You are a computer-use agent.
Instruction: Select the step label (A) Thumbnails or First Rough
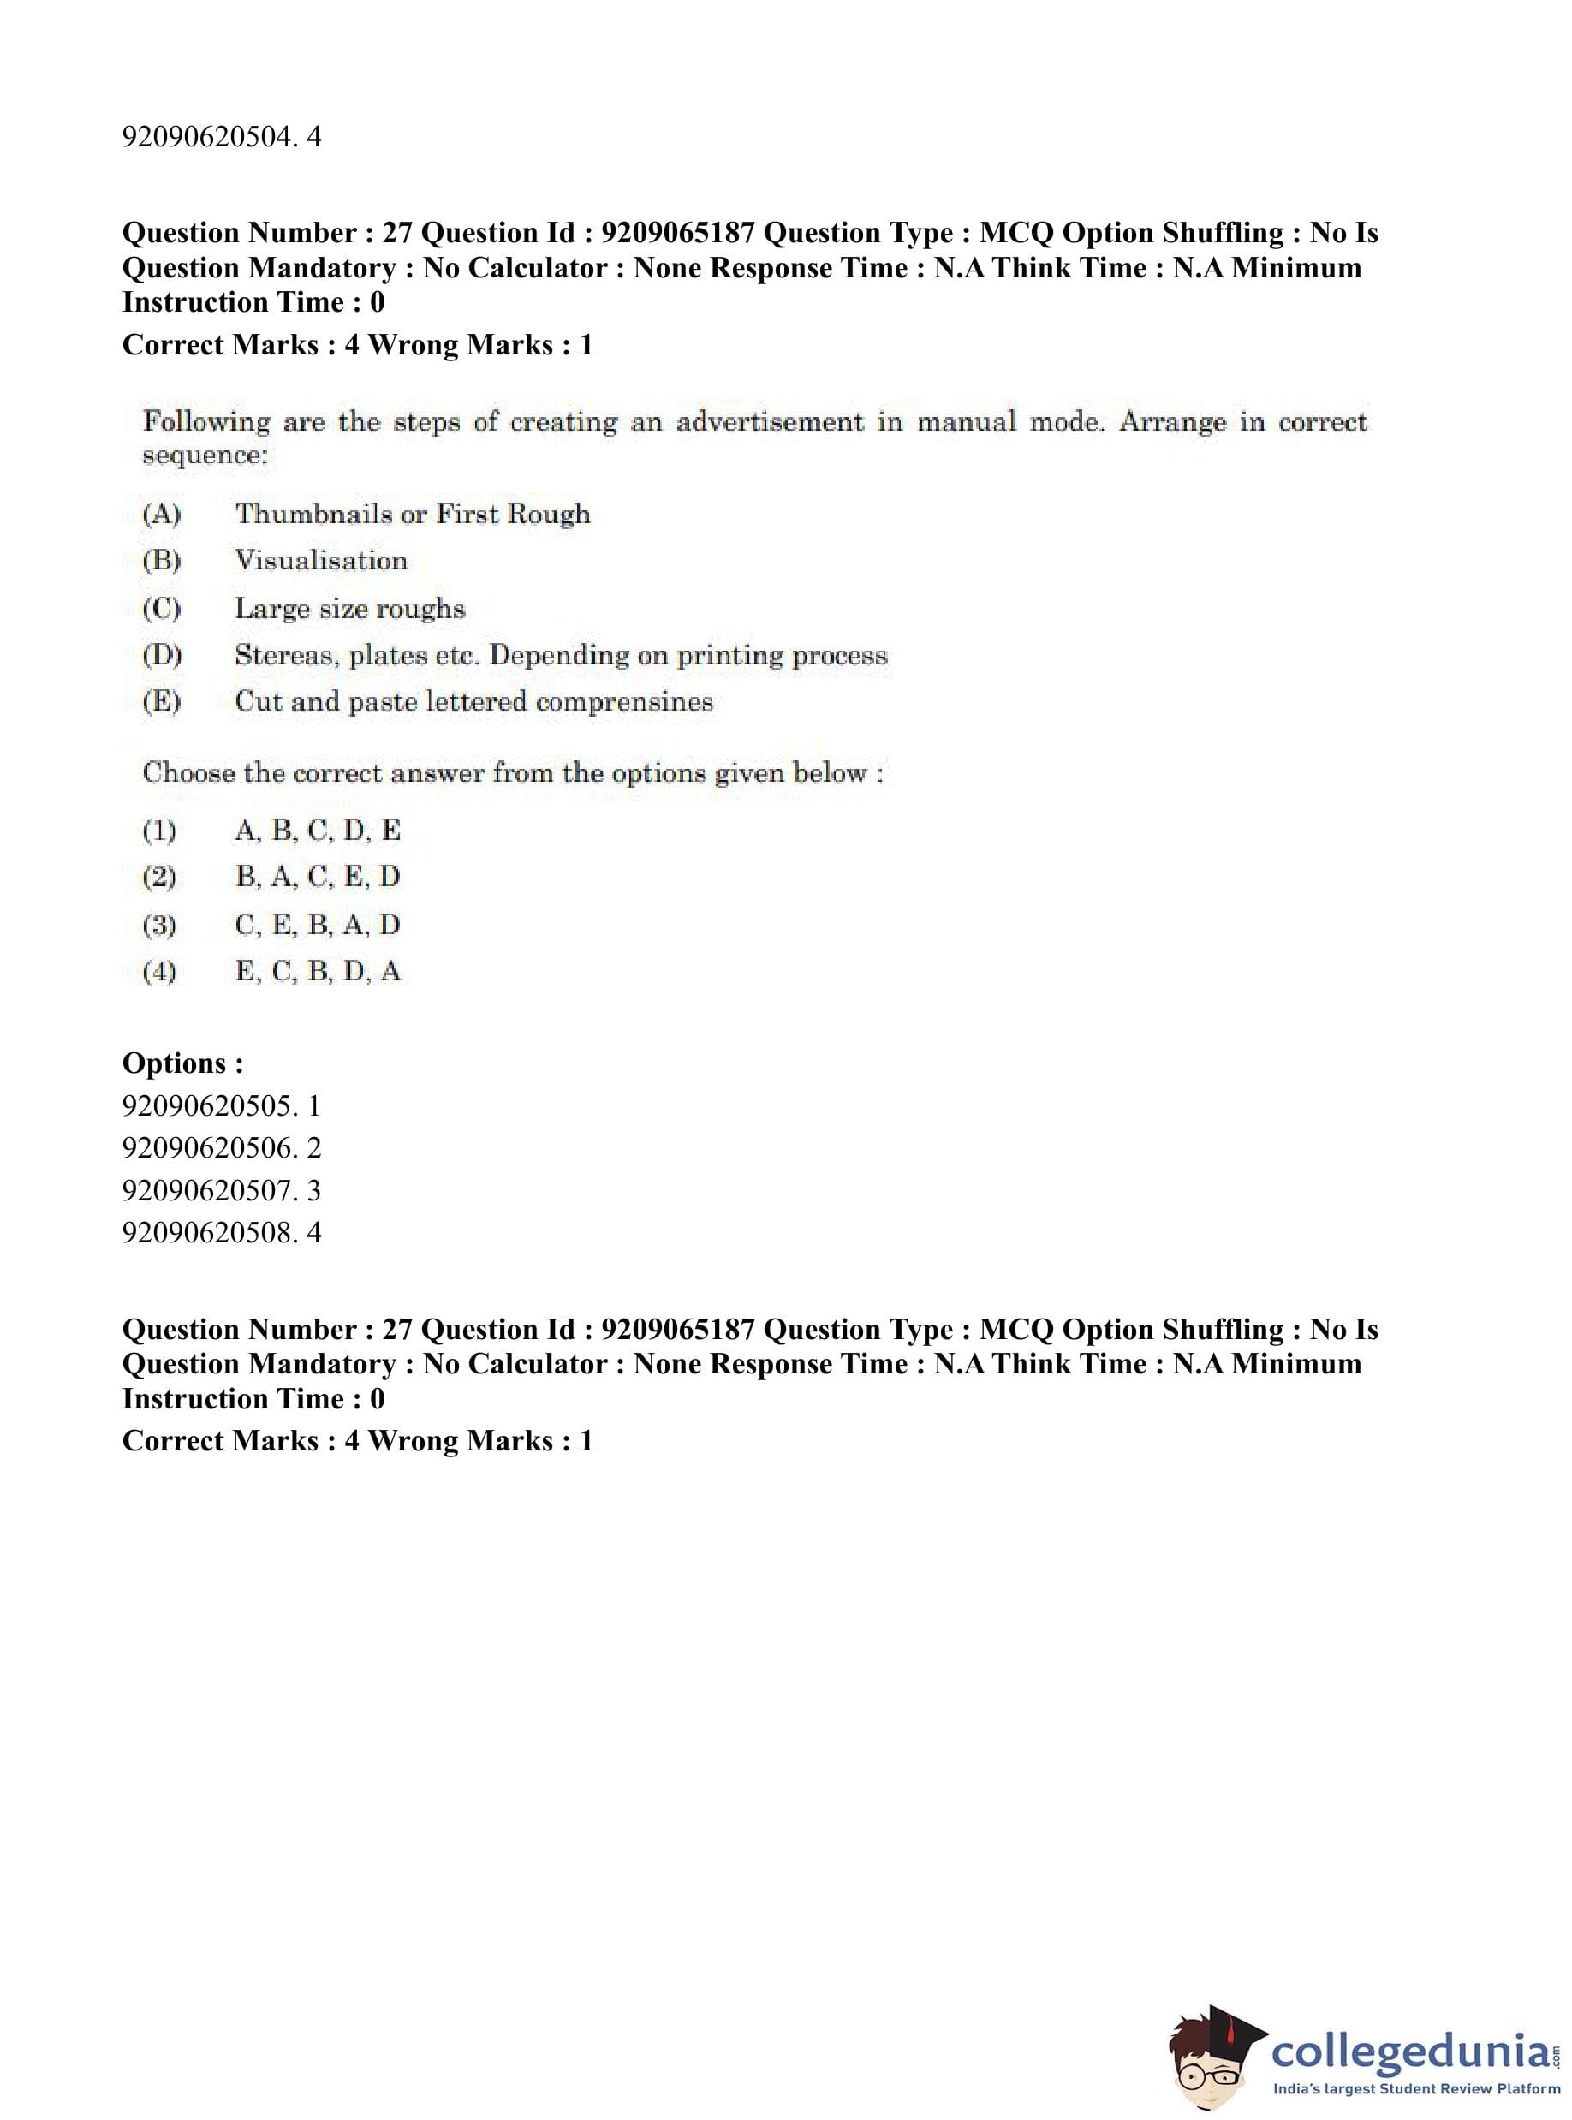pyautogui.click(x=161, y=515)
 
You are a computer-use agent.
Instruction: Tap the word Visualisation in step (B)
pyautogui.click(x=321, y=561)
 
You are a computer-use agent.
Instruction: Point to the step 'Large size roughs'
pyautogui.click(x=349, y=608)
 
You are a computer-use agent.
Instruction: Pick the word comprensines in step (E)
pyautogui.click(x=623, y=702)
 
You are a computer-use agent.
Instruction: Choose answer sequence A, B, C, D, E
pyautogui.click(x=317, y=831)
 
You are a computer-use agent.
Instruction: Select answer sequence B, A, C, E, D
pyautogui.click(x=317, y=877)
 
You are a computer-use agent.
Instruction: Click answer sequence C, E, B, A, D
pyautogui.click(x=317, y=925)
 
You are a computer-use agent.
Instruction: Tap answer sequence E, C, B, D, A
pyautogui.click(x=317, y=972)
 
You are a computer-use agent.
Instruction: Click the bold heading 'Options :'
pyautogui.click(x=182, y=1063)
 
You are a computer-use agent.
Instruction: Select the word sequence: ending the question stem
pyautogui.click(x=205, y=456)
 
